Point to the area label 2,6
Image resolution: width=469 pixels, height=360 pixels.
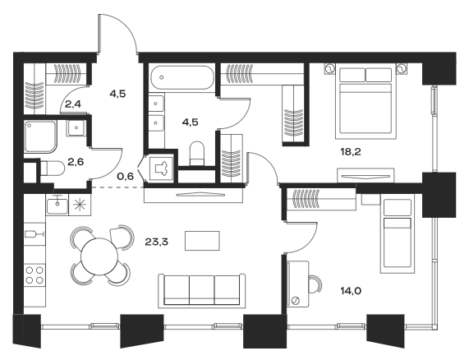pyautogui.click(x=75, y=162)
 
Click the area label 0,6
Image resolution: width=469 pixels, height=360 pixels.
pyautogui.click(x=125, y=175)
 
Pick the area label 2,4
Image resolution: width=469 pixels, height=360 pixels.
pyautogui.click(x=73, y=104)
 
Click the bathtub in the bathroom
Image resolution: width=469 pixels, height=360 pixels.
pyautogui.click(x=182, y=81)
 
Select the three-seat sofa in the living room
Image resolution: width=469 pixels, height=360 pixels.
pyautogui.click(x=202, y=290)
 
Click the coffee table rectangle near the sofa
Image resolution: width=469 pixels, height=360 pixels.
pyautogui.click(x=203, y=241)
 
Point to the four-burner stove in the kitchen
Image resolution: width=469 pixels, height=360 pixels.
pyautogui.click(x=34, y=274)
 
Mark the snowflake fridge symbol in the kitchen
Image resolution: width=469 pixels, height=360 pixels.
pyautogui.click(x=80, y=204)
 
